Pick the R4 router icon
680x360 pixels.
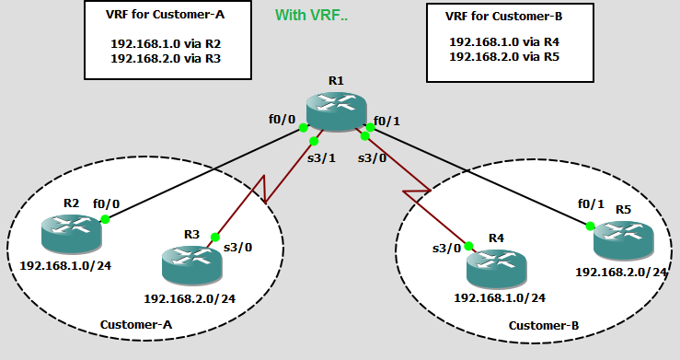coord(495,265)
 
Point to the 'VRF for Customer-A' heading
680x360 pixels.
coord(166,15)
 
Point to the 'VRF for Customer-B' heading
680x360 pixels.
coord(503,15)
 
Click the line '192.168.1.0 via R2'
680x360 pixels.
coord(166,42)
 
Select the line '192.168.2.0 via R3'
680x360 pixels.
coord(166,57)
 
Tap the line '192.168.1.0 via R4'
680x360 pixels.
coord(503,41)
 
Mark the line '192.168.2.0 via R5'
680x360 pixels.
coord(503,55)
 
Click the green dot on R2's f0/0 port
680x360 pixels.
coord(106,219)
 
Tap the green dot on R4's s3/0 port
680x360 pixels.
coord(469,247)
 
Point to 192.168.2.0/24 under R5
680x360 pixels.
coord(621,272)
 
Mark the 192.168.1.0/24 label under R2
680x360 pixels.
coord(65,264)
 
